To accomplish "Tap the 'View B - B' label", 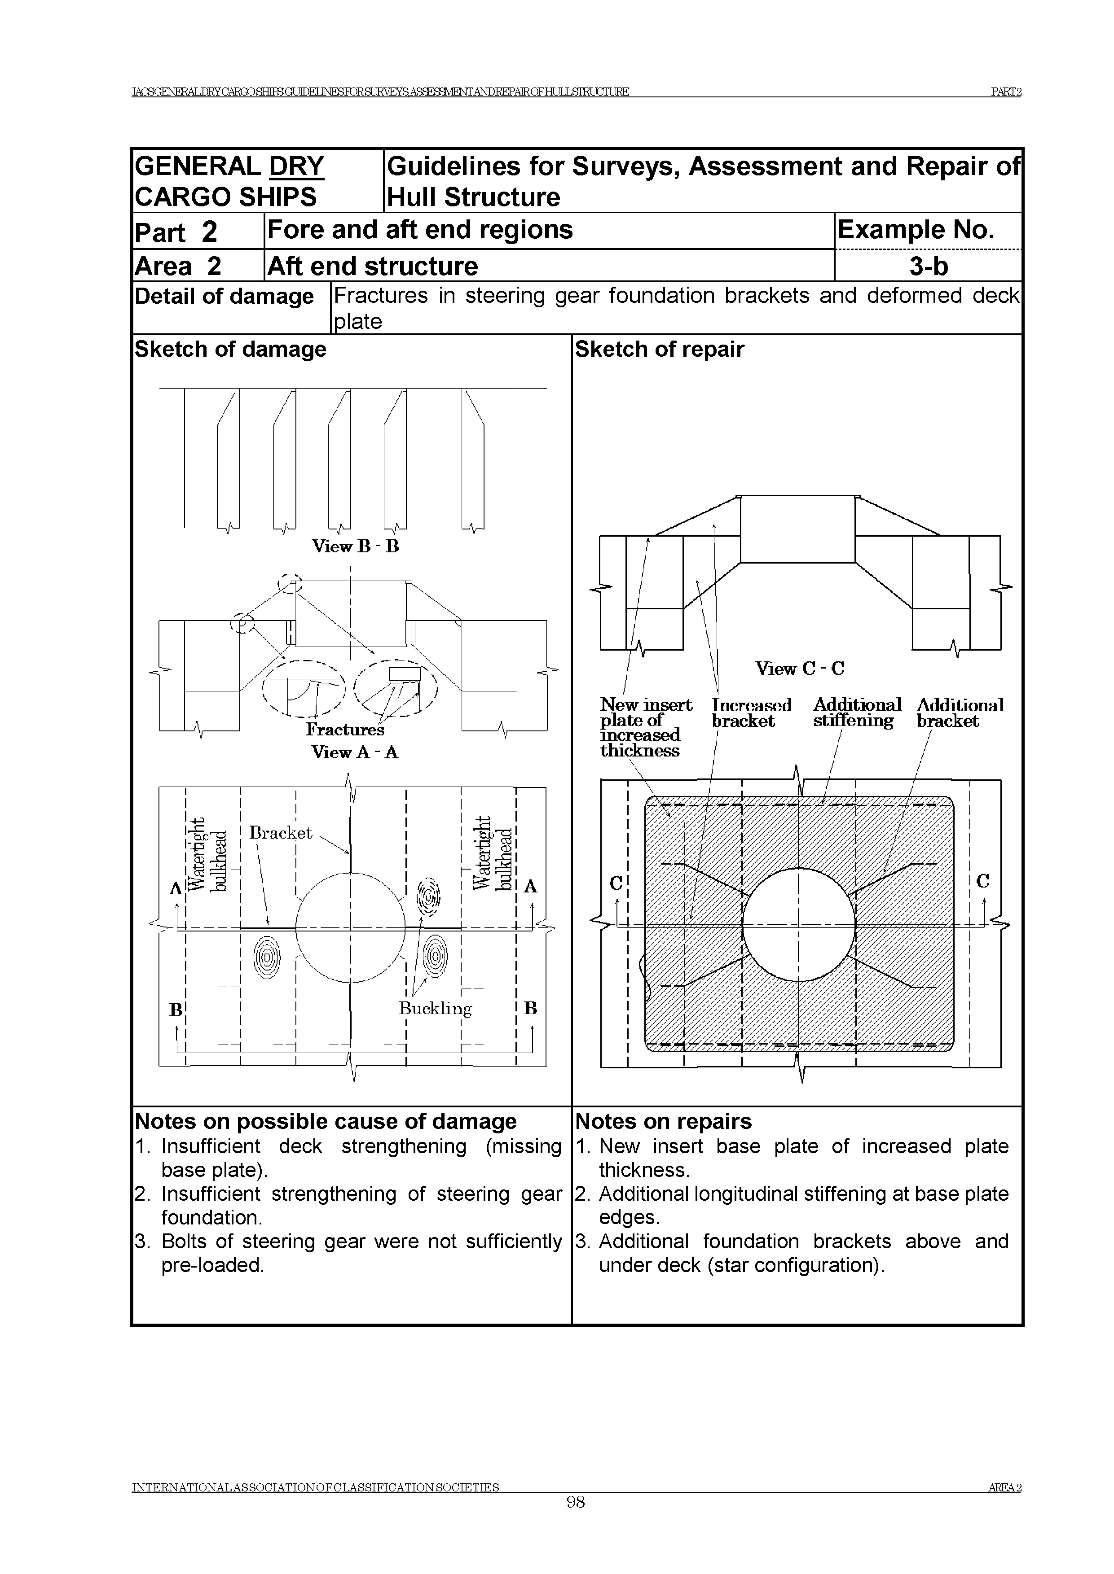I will [355, 547].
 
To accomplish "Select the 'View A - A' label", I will [355, 752].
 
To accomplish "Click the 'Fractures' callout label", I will [345, 730].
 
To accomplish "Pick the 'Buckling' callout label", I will [436, 1009].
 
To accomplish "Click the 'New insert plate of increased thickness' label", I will [645, 727].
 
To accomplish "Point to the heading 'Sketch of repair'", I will [659, 350].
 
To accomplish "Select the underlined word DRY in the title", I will [296, 166].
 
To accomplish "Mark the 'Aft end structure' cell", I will [373, 266].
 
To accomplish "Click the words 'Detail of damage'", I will [225, 297].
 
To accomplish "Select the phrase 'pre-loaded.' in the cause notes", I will [213, 1265].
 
